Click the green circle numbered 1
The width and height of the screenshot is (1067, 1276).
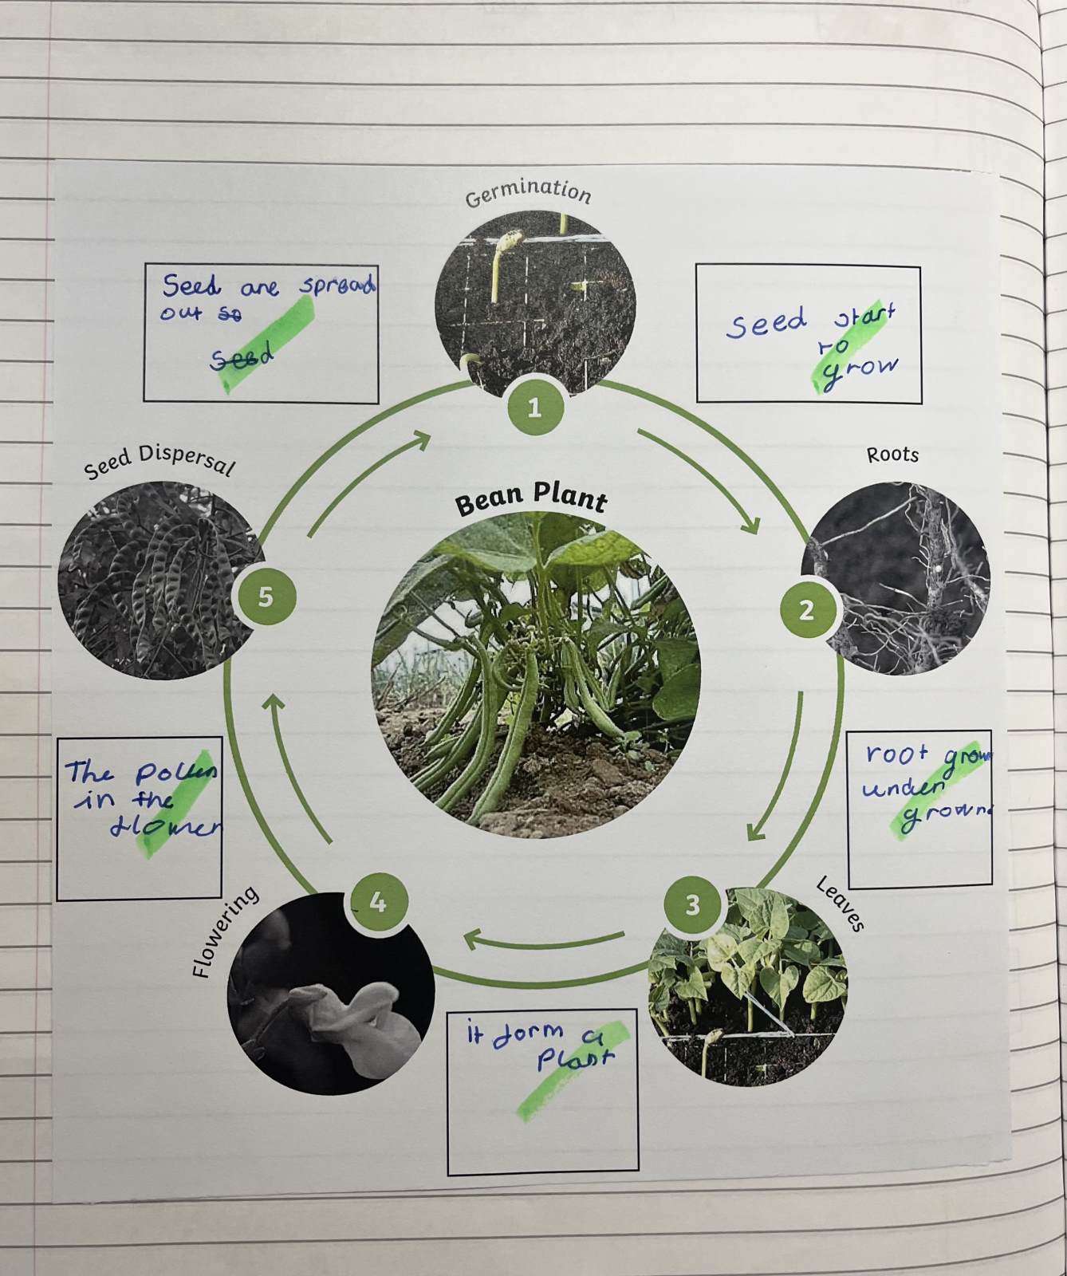click(x=534, y=408)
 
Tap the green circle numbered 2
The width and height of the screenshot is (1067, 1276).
click(x=806, y=610)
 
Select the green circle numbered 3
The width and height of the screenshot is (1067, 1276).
click(x=692, y=905)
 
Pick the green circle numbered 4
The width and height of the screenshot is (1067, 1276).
click(x=378, y=902)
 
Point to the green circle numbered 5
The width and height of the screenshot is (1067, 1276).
click(x=265, y=597)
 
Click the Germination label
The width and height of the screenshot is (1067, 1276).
click(x=528, y=192)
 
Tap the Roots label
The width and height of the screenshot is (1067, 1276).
click(x=892, y=455)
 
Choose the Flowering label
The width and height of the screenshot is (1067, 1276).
click(x=225, y=932)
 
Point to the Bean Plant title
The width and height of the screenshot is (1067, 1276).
click(x=531, y=501)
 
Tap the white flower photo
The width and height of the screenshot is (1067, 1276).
click(x=331, y=993)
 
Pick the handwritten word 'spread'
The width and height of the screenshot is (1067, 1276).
click(x=337, y=286)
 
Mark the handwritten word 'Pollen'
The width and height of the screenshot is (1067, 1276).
click(x=175, y=773)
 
